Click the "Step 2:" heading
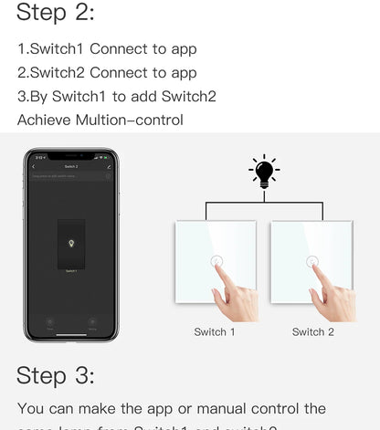pyautogui.click(x=56, y=13)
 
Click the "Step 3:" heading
pyautogui.click(x=56, y=375)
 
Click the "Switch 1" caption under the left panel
pyautogui.click(x=215, y=332)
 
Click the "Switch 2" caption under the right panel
pyautogui.click(x=312, y=332)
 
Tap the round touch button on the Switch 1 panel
pyautogui.click(x=216, y=262)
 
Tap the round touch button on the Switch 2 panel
pyautogui.click(x=312, y=262)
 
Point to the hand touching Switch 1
pyautogui.click(x=233, y=297)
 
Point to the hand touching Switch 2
pyautogui.click(x=331, y=297)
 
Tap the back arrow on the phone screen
pyautogui.click(x=34, y=167)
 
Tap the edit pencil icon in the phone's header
pyautogui.click(x=109, y=167)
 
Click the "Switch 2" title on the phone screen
pyautogui.click(x=70, y=167)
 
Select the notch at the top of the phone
pyautogui.click(x=70, y=156)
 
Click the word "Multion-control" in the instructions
pyautogui.click(x=134, y=120)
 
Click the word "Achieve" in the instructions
pyautogui.click(x=47, y=120)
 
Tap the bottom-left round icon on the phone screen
pyautogui.click(x=50, y=322)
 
